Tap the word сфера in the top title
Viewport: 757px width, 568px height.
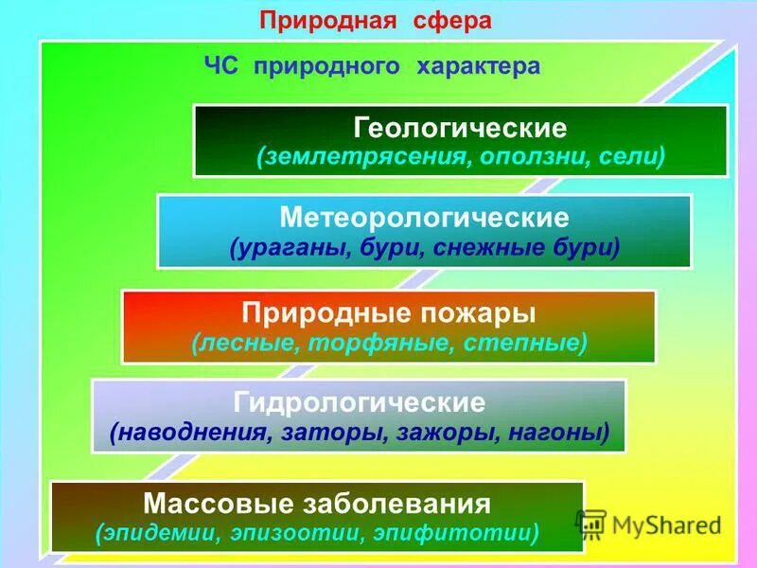click(452, 22)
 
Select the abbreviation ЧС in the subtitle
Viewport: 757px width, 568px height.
click(223, 66)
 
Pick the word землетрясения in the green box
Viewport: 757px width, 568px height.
click(358, 156)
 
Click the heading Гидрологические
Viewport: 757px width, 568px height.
click(359, 402)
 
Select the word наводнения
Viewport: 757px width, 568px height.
click(191, 434)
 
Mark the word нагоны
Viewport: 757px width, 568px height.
click(558, 434)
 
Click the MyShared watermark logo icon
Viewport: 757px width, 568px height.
click(590, 524)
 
